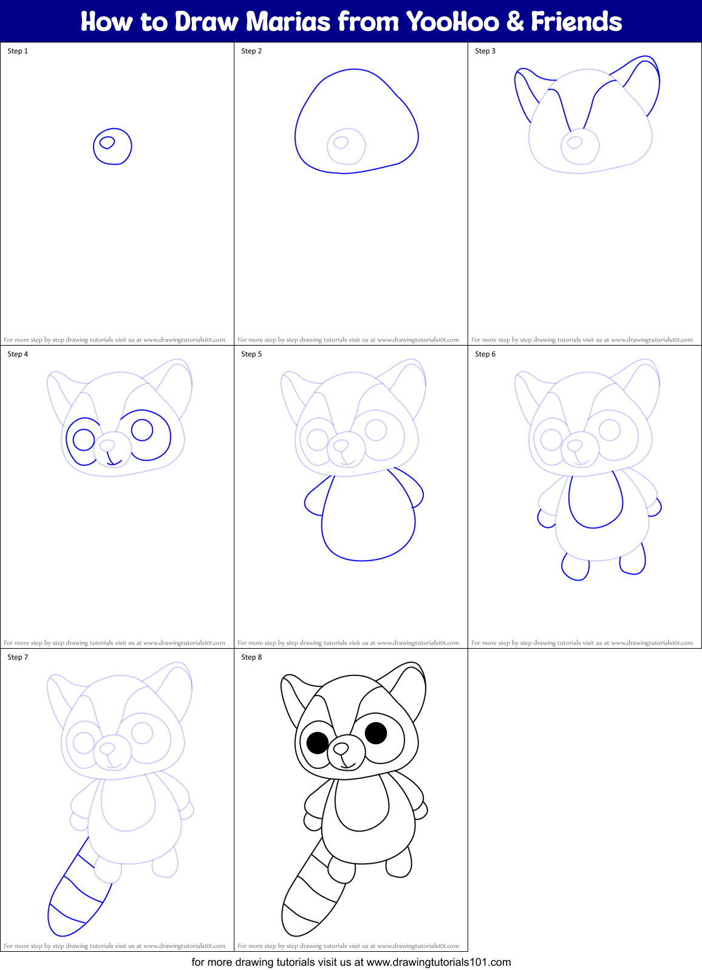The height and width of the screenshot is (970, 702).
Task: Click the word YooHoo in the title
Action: [x=452, y=22]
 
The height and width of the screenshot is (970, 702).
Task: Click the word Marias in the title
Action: [x=288, y=22]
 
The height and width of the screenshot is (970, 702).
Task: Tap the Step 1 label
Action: [x=18, y=51]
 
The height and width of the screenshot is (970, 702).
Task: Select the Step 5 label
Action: [x=251, y=354]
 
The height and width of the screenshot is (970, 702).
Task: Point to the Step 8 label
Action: [x=251, y=657]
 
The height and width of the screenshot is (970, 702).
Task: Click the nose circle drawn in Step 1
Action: [x=113, y=146]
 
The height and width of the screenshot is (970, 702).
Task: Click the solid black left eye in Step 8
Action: [x=318, y=742]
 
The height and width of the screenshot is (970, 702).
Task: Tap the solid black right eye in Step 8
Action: [x=376, y=733]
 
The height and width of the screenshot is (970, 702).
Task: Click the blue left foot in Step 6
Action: [x=575, y=568]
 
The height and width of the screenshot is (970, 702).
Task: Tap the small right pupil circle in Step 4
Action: [x=142, y=430]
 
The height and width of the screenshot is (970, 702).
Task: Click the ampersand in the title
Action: [x=514, y=22]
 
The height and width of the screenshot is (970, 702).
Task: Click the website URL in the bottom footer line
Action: [x=438, y=962]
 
